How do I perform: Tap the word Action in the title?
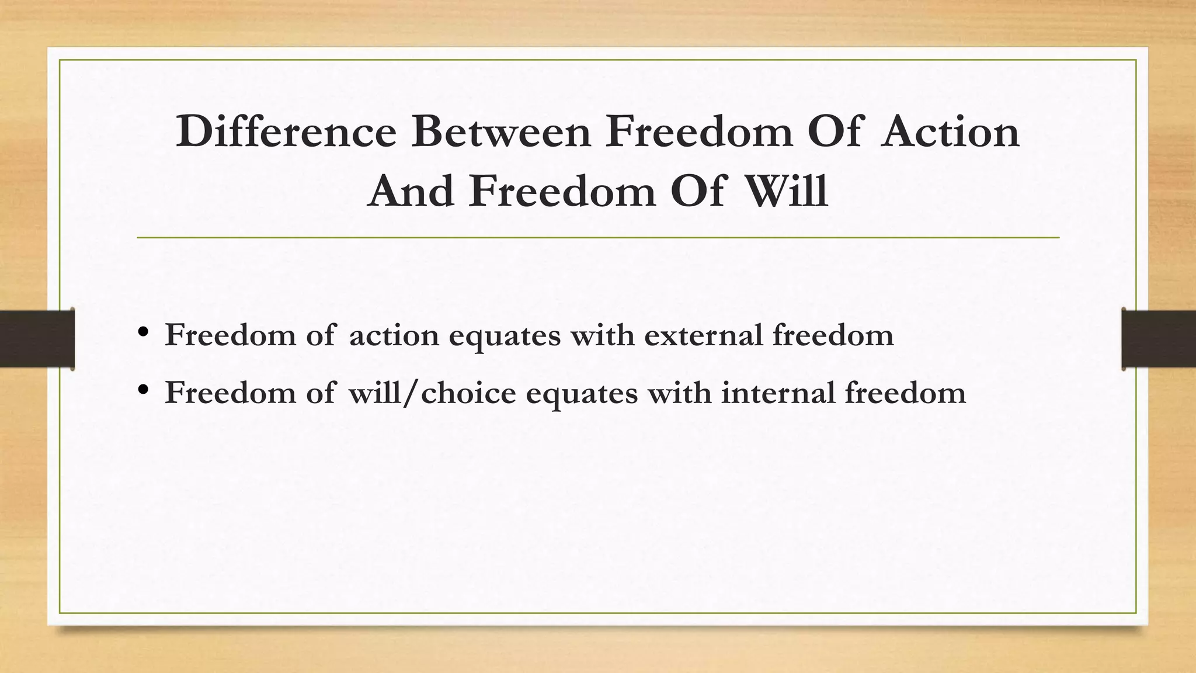(x=950, y=131)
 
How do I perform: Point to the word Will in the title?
(x=787, y=192)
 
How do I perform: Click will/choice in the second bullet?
(x=432, y=393)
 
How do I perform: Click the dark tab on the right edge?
(x=1159, y=339)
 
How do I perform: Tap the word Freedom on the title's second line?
(x=562, y=192)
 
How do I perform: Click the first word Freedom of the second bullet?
(x=230, y=393)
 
